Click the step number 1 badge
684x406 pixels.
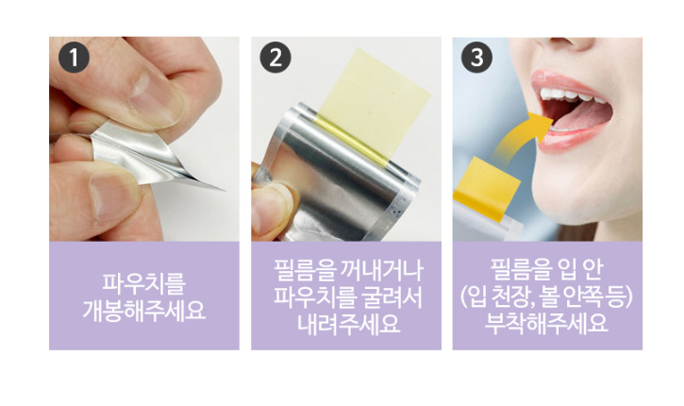point(74,58)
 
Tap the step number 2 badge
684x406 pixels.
point(275,58)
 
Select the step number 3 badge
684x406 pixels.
point(476,58)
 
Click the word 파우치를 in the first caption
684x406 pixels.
point(144,284)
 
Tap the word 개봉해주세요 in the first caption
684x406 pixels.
point(144,311)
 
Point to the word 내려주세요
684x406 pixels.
point(348,324)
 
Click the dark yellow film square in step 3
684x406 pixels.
point(487,189)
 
